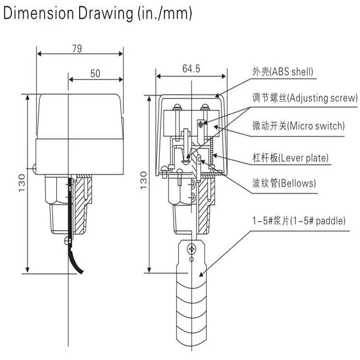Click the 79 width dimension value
77,48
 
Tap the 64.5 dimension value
191,69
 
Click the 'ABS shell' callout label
283,72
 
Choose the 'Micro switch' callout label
298,126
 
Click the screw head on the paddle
192,249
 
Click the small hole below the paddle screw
192,259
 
